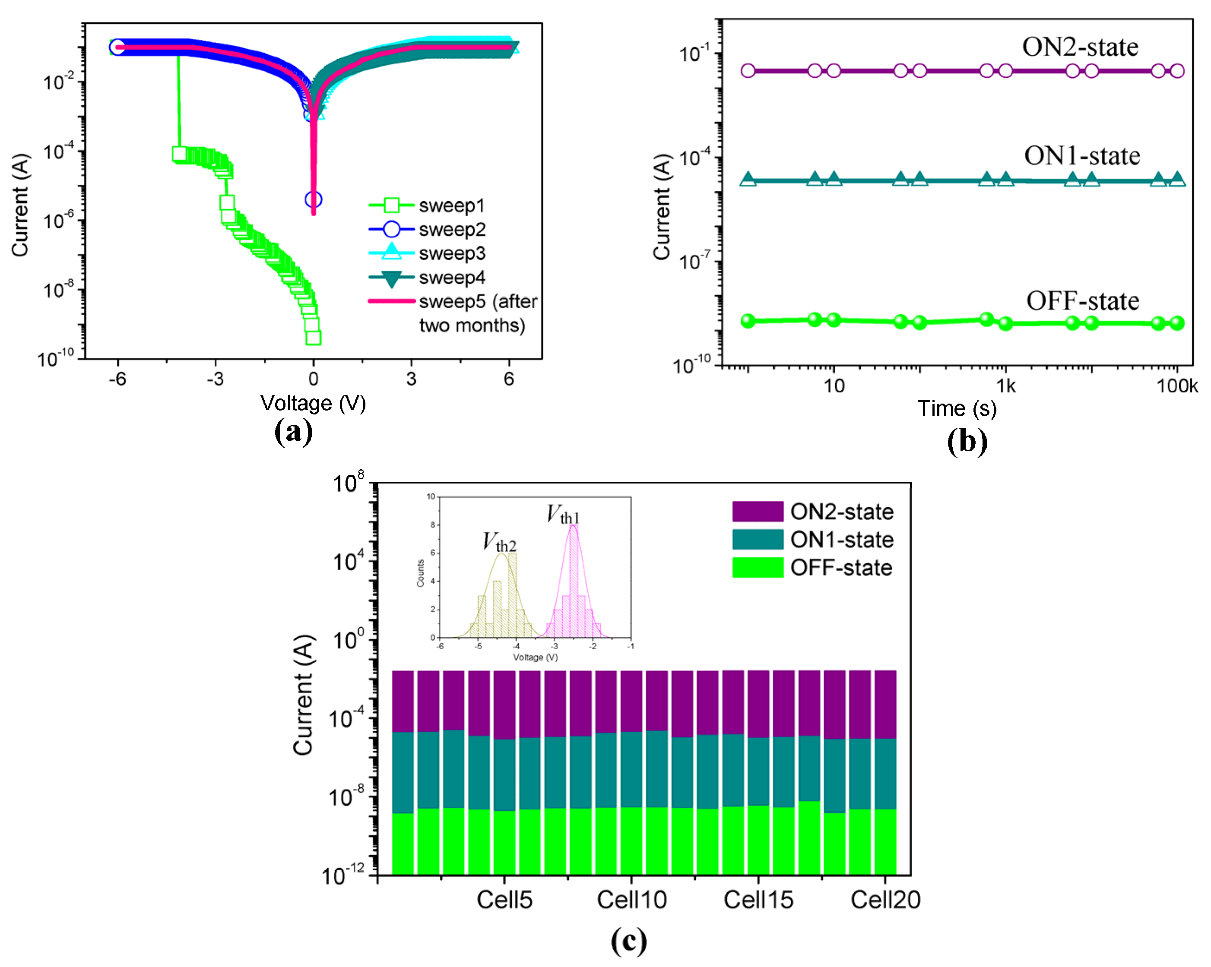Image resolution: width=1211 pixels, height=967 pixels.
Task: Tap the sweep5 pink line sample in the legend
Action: [x=391, y=302]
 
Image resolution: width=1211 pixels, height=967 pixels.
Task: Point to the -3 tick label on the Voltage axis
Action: [x=215, y=379]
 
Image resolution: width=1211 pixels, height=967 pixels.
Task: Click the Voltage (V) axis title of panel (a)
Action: [x=313, y=403]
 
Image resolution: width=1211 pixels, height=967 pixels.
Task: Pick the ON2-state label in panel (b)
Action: [x=1080, y=47]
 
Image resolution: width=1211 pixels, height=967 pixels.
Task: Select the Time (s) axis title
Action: [x=957, y=408]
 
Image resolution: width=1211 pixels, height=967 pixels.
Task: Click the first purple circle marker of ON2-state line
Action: [x=748, y=71]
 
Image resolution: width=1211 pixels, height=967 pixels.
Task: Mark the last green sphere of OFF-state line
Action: [x=1177, y=323]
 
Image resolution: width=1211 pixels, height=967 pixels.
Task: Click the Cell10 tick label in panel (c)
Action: [x=631, y=900]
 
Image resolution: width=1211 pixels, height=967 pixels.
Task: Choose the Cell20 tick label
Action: [x=885, y=900]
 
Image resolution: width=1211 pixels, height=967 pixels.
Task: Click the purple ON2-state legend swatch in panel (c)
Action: [x=757, y=512]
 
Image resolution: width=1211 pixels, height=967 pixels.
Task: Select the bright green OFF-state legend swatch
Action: [x=757, y=567]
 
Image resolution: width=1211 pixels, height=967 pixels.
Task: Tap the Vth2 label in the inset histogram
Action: [x=499, y=542]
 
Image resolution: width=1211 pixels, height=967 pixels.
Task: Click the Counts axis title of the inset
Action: [x=420, y=573]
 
